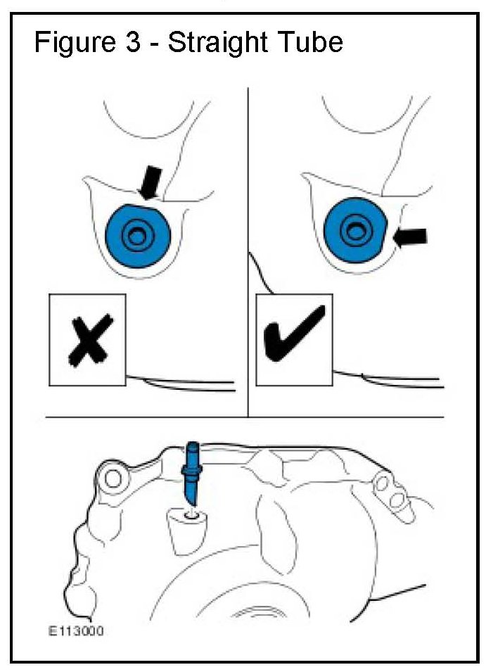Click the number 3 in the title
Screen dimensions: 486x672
click(133, 42)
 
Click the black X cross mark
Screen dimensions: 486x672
click(90, 341)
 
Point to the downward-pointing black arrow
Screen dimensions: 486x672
click(150, 182)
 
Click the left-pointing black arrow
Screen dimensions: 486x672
click(410, 237)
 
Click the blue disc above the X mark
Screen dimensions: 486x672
click(138, 235)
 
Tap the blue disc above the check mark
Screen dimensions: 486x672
click(355, 231)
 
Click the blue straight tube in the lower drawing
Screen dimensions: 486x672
click(192, 474)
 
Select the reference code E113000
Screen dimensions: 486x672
click(76, 631)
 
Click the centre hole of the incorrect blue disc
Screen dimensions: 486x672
click(137, 235)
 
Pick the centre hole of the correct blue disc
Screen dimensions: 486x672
click(354, 231)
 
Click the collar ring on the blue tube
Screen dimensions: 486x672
click(192, 471)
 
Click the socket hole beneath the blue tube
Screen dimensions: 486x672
click(192, 514)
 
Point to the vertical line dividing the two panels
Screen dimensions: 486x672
click(248, 253)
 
